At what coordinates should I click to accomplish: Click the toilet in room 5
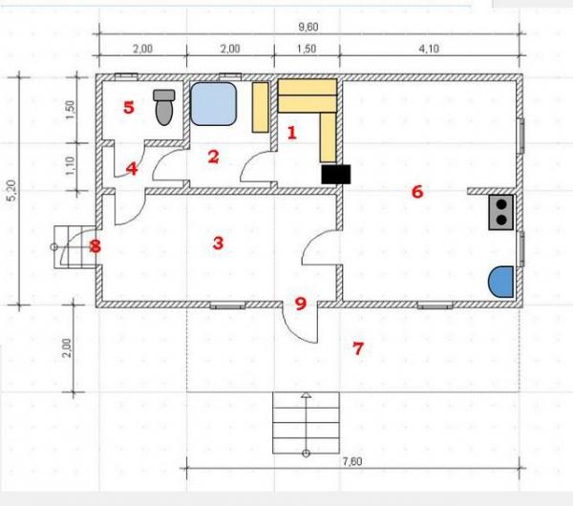[163, 108]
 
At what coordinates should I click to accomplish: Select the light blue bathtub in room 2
[214, 104]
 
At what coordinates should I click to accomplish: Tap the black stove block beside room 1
[336, 175]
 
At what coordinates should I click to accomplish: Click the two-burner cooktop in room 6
[501, 212]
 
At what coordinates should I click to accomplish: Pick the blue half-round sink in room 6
[501, 282]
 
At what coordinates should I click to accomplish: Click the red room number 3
[218, 242]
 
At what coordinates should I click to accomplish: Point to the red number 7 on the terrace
[358, 348]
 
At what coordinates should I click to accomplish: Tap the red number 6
[417, 192]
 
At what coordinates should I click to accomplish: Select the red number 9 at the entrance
[301, 304]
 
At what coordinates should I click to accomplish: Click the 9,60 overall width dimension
[308, 27]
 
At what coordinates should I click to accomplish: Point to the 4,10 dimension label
[429, 49]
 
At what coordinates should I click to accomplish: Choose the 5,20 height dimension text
[12, 190]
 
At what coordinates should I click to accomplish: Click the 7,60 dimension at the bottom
[352, 461]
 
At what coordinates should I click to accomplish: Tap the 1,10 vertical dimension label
[70, 165]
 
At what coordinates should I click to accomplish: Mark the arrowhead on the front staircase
[307, 395]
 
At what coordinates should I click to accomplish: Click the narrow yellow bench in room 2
[261, 108]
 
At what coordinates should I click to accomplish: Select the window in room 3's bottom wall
[227, 306]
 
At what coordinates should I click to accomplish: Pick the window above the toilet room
[126, 76]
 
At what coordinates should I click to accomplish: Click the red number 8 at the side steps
[95, 246]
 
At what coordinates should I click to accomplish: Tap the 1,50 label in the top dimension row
[307, 49]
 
